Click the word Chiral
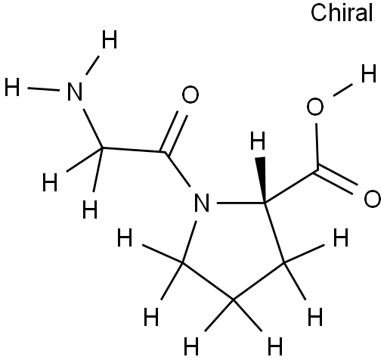(342, 13)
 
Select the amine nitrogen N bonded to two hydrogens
(75, 92)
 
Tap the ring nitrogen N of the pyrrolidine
(202, 203)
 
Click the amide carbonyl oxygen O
(190, 95)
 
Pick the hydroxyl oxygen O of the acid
(315, 107)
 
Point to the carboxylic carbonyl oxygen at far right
(373, 199)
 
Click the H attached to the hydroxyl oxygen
(369, 73)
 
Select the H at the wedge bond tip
(258, 141)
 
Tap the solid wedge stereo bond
(262, 179)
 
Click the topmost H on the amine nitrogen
(110, 39)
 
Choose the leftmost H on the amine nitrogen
(12, 87)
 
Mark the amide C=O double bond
(174, 133)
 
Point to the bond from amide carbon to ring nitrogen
(178, 169)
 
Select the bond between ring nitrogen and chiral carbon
(240, 203)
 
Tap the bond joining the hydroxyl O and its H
(342, 90)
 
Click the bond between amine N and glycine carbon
(93, 129)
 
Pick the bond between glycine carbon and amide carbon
(134, 150)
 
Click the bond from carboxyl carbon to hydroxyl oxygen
(317, 146)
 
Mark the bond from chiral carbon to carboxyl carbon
(291, 186)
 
